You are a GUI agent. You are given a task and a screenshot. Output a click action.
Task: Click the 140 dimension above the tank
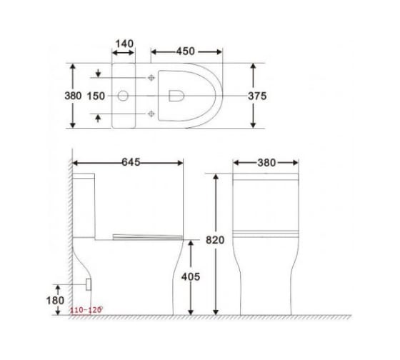click(x=124, y=44)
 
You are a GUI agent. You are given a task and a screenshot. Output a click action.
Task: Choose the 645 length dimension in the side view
click(x=129, y=163)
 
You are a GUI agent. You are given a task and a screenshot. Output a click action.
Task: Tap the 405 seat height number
click(x=205, y=276)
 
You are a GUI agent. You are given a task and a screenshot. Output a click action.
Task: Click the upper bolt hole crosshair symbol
click(x=151, y=76)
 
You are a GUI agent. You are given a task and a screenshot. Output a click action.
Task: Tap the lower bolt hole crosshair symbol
click(x=151, y=114)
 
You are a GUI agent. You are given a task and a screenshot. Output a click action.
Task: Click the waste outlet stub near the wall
click(x=89, y=284)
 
